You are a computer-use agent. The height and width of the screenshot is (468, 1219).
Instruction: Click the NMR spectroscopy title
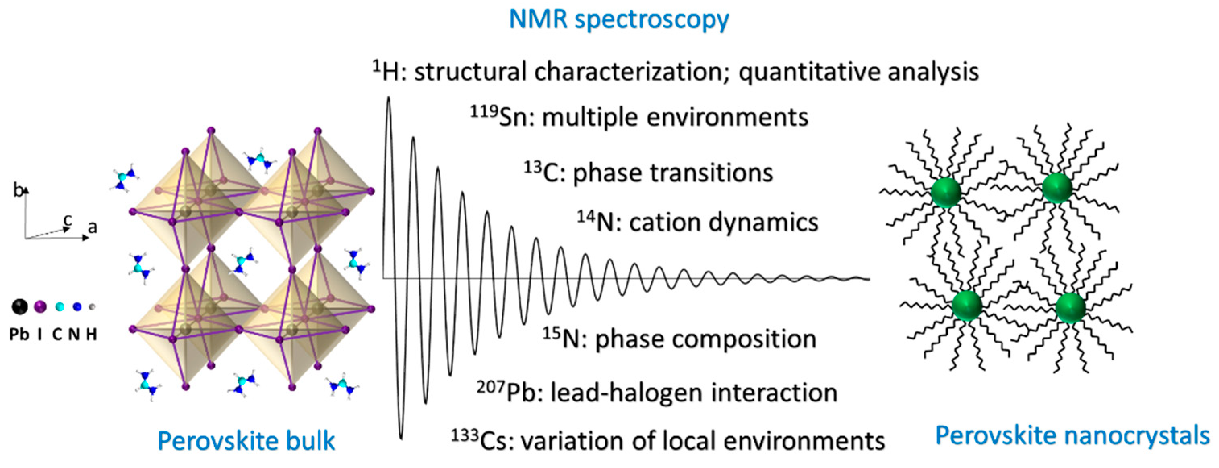[618, 20]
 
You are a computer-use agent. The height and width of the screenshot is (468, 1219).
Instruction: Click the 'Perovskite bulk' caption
[246, 441]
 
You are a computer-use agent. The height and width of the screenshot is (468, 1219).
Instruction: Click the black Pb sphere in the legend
[19, 307]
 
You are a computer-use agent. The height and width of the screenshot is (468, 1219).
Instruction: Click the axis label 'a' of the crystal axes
[92, 227]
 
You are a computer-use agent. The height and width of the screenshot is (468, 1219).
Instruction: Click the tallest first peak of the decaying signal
[389, 100]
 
